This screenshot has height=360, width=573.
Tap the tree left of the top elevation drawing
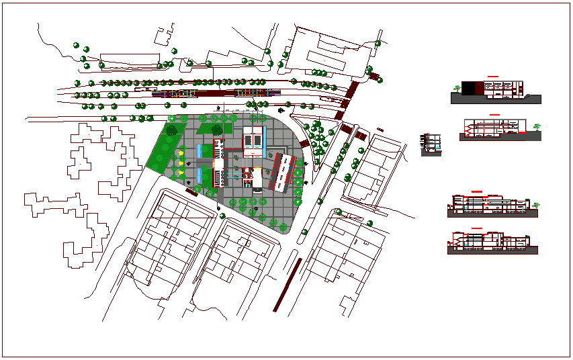[x=457, y=88]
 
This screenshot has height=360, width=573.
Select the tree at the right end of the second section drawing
[x=536, y=126]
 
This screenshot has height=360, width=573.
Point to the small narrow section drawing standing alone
[x=431, y=144]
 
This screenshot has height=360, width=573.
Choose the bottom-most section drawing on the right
[x=492, y=243]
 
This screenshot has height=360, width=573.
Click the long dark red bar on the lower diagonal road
[x=287, y=285]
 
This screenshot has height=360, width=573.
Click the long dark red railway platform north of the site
[x=212, y=93]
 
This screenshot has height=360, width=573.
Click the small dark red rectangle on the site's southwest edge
[x=192, y=192]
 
